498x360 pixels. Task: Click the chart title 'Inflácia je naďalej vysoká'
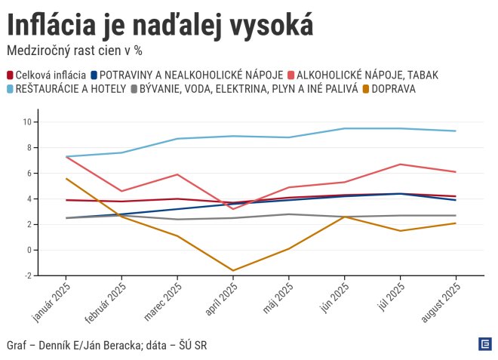pos(159,26)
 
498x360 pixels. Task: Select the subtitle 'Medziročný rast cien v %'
pos(74,51)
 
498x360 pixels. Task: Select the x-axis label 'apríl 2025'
pos(220,300)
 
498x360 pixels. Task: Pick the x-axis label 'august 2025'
pos(440,303)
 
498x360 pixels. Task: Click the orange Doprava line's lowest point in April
pos(233,270)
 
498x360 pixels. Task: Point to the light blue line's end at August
pos(456,131)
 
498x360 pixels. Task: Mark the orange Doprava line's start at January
pos(66,178)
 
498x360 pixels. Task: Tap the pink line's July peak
pos(400,164)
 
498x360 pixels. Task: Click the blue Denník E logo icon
pos(485,344)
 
